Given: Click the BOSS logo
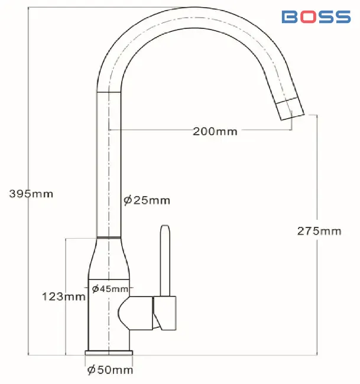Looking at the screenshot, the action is point(316,17).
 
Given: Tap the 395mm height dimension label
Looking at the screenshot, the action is point(31,194).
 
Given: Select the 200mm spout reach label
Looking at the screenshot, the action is point(215,132).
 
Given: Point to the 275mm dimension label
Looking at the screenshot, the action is point(319,231).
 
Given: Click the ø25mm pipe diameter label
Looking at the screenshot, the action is point(147,200).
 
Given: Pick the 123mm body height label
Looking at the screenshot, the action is point(64,297).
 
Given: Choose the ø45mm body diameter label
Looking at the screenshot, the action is point(110,289).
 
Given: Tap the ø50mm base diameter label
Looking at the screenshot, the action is point(110,370).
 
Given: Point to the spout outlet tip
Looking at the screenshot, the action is point(293,118).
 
